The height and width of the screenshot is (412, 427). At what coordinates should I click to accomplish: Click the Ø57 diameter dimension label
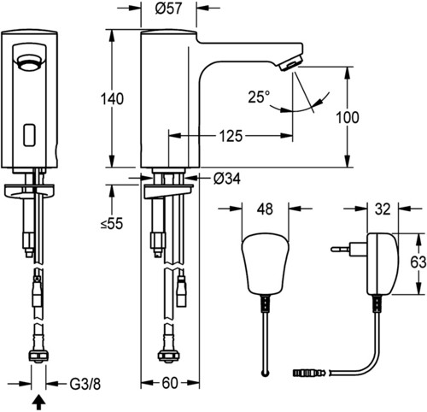pyautogui.click(x=168, y=8)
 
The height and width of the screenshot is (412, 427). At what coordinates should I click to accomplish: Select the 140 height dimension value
pyautogui.click(x=112, y=99)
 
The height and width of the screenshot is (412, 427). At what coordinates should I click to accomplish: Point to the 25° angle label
pyautogui.click(x=259, y=97)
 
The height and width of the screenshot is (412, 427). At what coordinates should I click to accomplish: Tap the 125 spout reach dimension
pyautogui.click(x=231, y=136)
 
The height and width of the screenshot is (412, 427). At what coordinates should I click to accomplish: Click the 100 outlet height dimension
pyautogui.click(x=348, y=117)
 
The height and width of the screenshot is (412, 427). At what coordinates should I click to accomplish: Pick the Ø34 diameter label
pyautogui.click(x=226, y=179)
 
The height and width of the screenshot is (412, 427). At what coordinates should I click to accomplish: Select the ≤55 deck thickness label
pyautogui.click(x=112, y=223)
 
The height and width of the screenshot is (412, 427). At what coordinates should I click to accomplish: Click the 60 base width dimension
pyautogui.click(x=170, y=383)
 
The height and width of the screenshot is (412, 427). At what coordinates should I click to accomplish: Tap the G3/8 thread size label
pyautogui.click(x=85, y=385)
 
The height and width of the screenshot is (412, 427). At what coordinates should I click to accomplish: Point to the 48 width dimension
pyautogui.click(x=265, y=209)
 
